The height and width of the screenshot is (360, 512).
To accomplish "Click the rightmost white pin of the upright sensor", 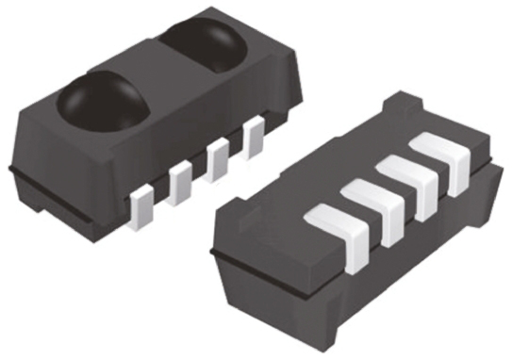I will point(254,139).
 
